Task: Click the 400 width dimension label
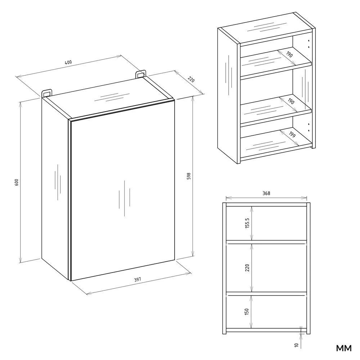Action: tap(68, 62)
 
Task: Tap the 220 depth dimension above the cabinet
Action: tap(191, 80)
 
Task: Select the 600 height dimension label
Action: tap(16, 182)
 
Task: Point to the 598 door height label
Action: tap(189, 176)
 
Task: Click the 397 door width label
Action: tap(137, 280)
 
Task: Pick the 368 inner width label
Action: tap(266, 193)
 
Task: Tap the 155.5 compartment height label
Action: tap(247, 223)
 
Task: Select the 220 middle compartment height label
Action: tap(247, 268)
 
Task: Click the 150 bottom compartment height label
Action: tap(247, 311)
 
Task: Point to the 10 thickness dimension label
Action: tap(296, 345)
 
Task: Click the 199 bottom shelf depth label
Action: tap(292, 134)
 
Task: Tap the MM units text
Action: tap(344, 348)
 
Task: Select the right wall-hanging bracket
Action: tap(140, 74)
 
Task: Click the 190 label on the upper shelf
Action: tap(289, 54)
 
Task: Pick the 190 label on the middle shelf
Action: tap(291, 101)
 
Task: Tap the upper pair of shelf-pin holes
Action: tap(309, 44)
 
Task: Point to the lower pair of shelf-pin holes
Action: tap(309, 127)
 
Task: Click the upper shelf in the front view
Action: tap(266, 242)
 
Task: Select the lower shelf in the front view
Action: tap(266, 294)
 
